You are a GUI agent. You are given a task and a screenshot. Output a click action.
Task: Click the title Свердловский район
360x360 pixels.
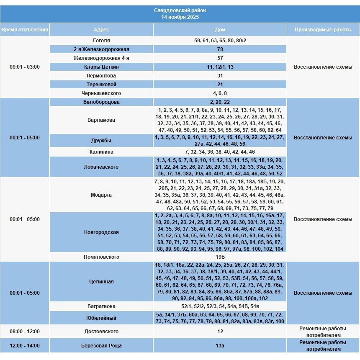(180, 10)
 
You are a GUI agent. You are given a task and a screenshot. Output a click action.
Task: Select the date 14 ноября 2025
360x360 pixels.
(180, 17)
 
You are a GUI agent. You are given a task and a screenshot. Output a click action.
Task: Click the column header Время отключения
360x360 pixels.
(25, 30)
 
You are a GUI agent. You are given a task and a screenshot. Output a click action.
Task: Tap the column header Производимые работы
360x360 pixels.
(323, 30)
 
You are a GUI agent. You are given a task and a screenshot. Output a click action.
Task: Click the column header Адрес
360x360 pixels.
(101, 30)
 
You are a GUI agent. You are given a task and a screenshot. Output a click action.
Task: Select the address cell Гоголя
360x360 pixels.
(101, 41)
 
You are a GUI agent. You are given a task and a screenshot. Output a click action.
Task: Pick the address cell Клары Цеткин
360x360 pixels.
(101, 67)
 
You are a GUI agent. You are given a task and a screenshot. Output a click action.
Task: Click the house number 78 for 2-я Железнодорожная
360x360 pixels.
(220, 49)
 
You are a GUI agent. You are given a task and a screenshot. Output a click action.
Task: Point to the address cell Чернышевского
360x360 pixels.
(101, 93)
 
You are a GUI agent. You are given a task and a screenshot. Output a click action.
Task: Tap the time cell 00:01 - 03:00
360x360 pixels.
(25, 67)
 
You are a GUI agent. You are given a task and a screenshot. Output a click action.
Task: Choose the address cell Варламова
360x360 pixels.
(101, 120)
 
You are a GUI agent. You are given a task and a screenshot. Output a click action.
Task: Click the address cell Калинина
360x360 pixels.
(101, 152)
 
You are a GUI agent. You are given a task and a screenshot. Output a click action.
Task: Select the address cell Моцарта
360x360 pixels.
(101, 195)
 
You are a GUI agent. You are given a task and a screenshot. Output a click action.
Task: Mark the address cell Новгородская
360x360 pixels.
(101, 232)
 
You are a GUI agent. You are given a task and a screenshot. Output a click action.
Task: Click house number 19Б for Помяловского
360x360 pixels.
(220, 257)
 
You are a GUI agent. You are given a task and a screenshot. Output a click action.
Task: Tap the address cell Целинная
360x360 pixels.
(101, 282)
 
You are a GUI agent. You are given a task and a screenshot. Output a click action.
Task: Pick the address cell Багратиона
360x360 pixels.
(101, 306)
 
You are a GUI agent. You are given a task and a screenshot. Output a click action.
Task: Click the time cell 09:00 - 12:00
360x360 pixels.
(25, 332)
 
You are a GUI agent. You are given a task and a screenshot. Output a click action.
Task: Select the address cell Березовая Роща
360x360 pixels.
(101, 346)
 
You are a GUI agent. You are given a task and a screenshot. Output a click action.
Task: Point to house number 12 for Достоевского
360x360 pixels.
(220, 332)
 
